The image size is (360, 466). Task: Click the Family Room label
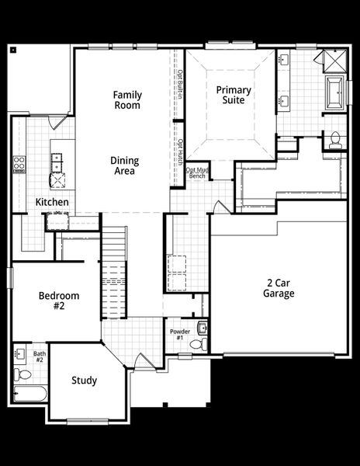pyautogui.click(x=126, y=99)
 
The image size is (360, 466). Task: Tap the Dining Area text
pyautogui.click(x=123, y=165)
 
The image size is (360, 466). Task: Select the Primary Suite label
pyautogui.click(x=230, y=94)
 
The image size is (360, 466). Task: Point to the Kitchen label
pyautogui.click(x=52, y=203)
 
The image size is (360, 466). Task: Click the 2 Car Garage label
pyautogui.click(x=278, y=288)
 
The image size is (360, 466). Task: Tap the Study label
pyautogui.click(x=84, y=381)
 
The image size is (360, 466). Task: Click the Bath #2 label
pyautogui.click(x=40, y=356)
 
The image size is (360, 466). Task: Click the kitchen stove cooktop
pyautogui.click(x=19, y=164)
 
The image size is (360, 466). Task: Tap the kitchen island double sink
pyautogui.click(x=57, y=162)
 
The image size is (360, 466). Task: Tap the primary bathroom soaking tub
pyautogui.click(x=334, y=91)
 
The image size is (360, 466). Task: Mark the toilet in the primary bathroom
pyautogui.click(x=335, y=141)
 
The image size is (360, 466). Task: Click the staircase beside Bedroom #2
pyautogui.click(x=114, y=276)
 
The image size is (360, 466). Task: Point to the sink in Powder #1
pyautogui.click(x=202, y=327)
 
